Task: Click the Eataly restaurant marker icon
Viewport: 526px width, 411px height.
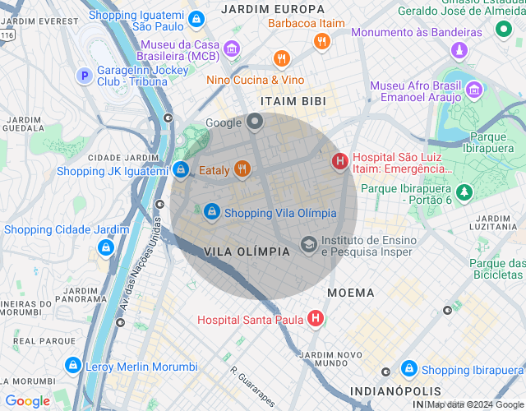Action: pos(241,169)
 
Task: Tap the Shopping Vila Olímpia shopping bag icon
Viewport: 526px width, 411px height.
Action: pos(212,212)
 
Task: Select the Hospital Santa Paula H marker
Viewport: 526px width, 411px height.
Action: pos(315,319)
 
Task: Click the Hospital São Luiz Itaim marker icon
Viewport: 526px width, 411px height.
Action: pos(339,161)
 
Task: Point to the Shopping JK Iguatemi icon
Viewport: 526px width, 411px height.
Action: pos(180,169)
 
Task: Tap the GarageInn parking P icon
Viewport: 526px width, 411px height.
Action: pos(83,76)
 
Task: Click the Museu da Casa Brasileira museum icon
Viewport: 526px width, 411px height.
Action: pos(232,48)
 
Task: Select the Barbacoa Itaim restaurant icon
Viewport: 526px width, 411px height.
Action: pos(321,40)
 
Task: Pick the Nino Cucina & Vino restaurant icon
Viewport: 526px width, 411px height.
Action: pos(283,58)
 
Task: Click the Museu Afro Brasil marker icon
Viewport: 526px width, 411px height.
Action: pos(473,89)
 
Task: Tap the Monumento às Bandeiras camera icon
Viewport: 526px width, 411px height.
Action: pos(459,50)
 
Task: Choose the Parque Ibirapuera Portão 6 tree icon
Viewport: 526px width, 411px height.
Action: pos(465,192)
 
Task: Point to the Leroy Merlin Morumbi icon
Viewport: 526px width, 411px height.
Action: pos(73,366)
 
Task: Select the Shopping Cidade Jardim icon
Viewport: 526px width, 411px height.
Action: pos(105,247)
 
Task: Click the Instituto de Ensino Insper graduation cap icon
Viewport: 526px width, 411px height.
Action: pos(308,243)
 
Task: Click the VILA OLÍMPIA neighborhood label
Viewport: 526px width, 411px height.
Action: pos(247,252)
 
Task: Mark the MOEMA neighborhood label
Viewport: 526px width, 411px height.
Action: pos(350,293)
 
